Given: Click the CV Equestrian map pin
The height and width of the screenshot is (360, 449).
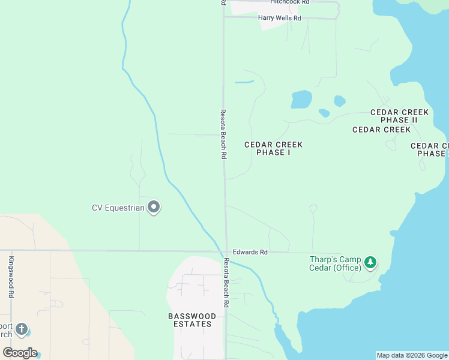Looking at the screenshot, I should [x=154, y=207].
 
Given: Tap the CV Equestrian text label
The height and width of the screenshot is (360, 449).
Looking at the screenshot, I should [x=118, y=208].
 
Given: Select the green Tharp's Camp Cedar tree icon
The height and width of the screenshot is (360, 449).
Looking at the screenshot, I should [x=371, y=262].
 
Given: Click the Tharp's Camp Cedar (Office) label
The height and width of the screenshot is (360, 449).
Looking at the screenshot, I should [x=335, y=263].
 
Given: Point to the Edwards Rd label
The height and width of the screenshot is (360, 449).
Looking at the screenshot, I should [x=250, y=253].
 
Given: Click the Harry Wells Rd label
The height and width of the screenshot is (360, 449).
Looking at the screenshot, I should [x=279, y=18].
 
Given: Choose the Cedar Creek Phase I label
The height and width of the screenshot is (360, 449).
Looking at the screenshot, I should [x=273, y=148].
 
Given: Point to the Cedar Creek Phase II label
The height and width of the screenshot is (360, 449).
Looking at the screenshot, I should [x=399, y=116].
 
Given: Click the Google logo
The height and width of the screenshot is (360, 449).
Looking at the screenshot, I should [x=20, y=353].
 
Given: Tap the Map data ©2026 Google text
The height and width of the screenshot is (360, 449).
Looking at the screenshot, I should [x=412, y=355].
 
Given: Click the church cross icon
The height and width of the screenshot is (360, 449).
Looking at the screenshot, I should [x=22, y=329].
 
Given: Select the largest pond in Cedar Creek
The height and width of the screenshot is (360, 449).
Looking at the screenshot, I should [x=301, y=99].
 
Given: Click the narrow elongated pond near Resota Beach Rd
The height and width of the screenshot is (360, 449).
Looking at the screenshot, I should [x=244, y=82].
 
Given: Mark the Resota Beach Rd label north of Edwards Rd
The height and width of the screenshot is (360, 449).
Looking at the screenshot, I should [x=223, y=134].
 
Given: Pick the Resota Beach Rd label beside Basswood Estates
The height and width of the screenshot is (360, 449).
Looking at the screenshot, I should [x=226, y=282].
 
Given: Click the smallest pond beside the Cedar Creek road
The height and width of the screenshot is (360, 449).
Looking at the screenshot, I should [x=325, y=113].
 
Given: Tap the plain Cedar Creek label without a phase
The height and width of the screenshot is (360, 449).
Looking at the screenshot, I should [x=381, y=130].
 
